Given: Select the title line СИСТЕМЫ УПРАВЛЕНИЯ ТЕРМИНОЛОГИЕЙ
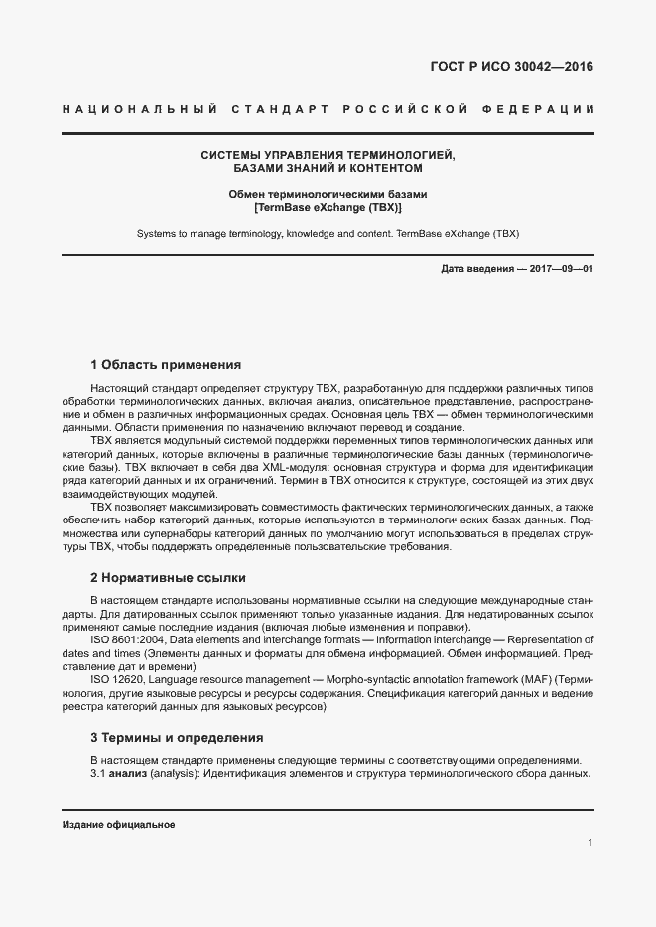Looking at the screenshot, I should pos(328,156).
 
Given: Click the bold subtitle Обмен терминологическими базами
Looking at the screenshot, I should pos(328,195).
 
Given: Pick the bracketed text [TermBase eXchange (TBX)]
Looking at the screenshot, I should pos(328,209).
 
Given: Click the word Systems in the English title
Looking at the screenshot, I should pos(158,235).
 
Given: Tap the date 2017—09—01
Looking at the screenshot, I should pos(560,270).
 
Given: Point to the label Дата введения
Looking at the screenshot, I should pos(473,270).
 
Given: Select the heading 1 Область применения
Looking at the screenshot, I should pos(166,364).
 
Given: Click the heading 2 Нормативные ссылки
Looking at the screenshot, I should pos(168,577).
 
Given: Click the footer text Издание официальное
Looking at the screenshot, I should pos(118,825).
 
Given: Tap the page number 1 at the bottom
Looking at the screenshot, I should pos(590,843).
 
